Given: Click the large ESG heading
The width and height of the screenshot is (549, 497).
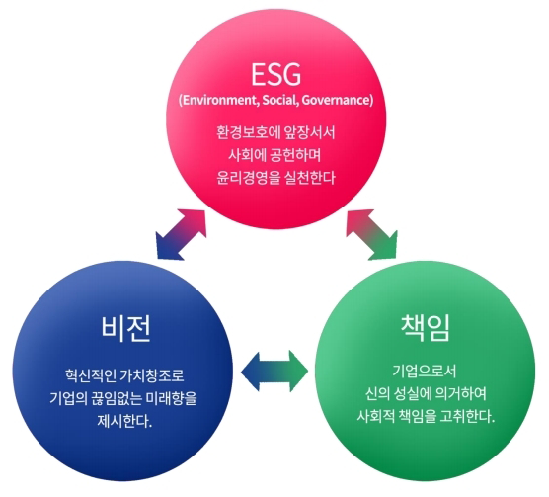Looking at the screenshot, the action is coord(275,74).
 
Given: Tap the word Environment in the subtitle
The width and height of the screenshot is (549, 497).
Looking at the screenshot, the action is coord(220,100).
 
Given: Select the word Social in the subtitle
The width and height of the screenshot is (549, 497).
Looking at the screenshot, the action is coord(280,100).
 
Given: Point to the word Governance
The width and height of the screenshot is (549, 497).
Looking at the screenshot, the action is coord(336,100).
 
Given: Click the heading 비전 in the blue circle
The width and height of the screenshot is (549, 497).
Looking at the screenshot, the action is coord(126,328).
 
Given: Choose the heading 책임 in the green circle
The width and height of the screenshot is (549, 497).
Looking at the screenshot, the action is coord(425,327).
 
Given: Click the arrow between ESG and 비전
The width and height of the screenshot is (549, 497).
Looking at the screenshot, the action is coord(181,234).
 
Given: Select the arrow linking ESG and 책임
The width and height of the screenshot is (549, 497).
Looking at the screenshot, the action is coord(372,234).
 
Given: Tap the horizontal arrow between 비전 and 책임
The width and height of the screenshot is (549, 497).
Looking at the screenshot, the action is coord(274,372).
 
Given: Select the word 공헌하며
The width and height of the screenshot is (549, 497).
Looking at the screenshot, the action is coord(296,155).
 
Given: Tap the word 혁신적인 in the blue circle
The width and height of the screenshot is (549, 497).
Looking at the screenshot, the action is coord(91,375).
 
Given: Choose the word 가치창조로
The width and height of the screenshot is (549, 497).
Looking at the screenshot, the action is coord(152,375).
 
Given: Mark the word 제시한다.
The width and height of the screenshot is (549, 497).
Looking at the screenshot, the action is coord(124,421).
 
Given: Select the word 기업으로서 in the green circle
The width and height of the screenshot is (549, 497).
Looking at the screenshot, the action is coord(425,372).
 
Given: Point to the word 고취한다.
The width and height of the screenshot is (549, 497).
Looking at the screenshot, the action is coord(467,416).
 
